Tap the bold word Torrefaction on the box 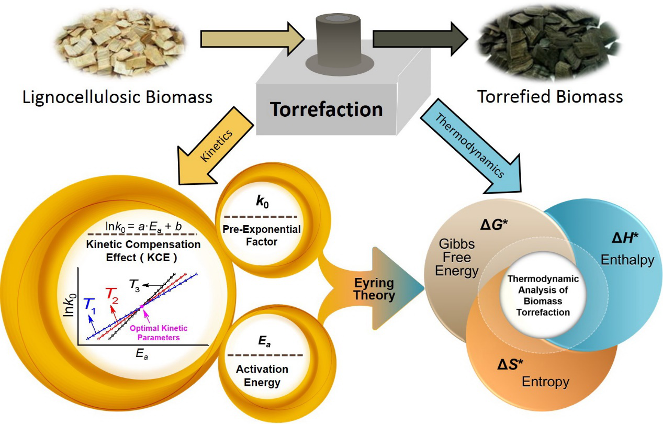pos(326,109)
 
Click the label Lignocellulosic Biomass pos(117,97)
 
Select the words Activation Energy pos(258,376)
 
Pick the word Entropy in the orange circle pos(545,382)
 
